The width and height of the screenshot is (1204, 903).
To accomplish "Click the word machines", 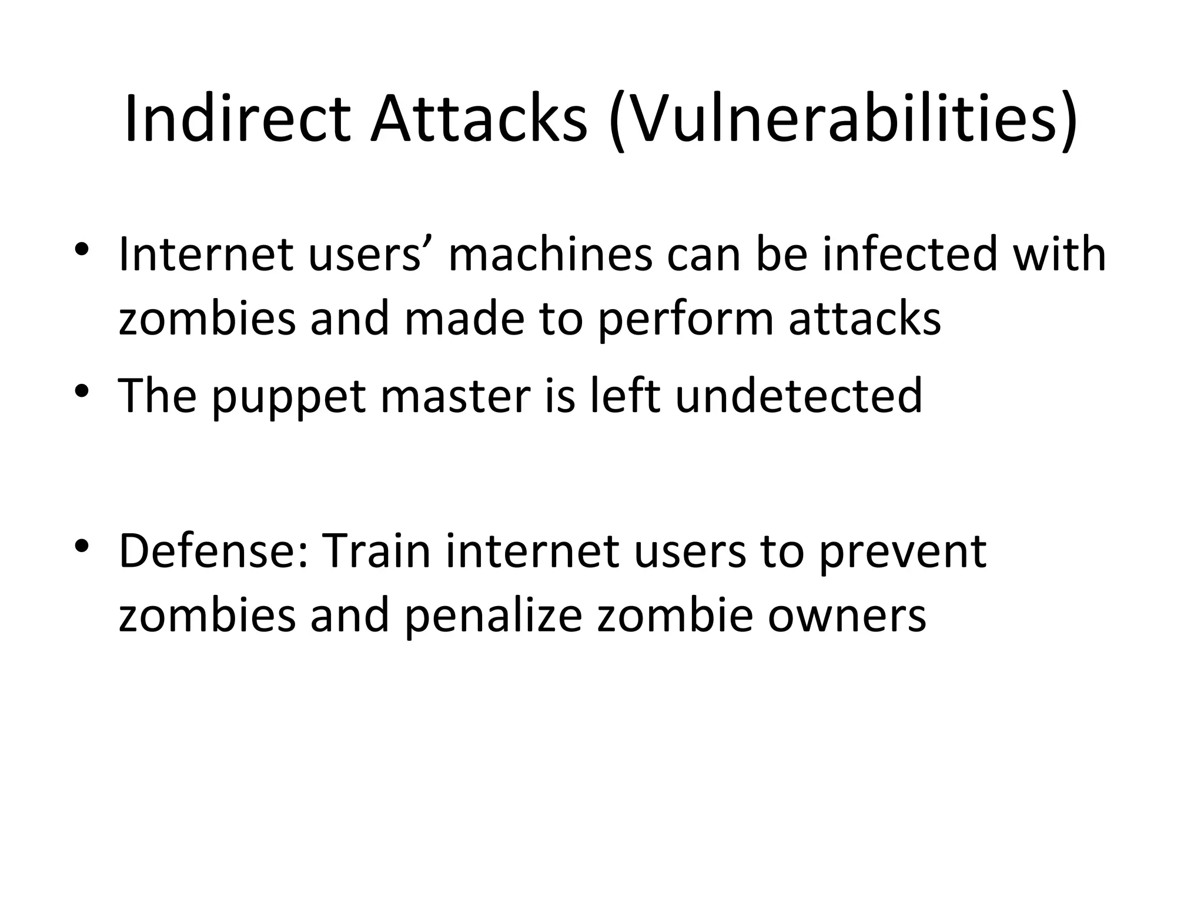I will (550, 255).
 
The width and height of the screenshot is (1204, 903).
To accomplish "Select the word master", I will (456, 396).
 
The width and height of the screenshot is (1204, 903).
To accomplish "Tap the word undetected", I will (798, 396).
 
